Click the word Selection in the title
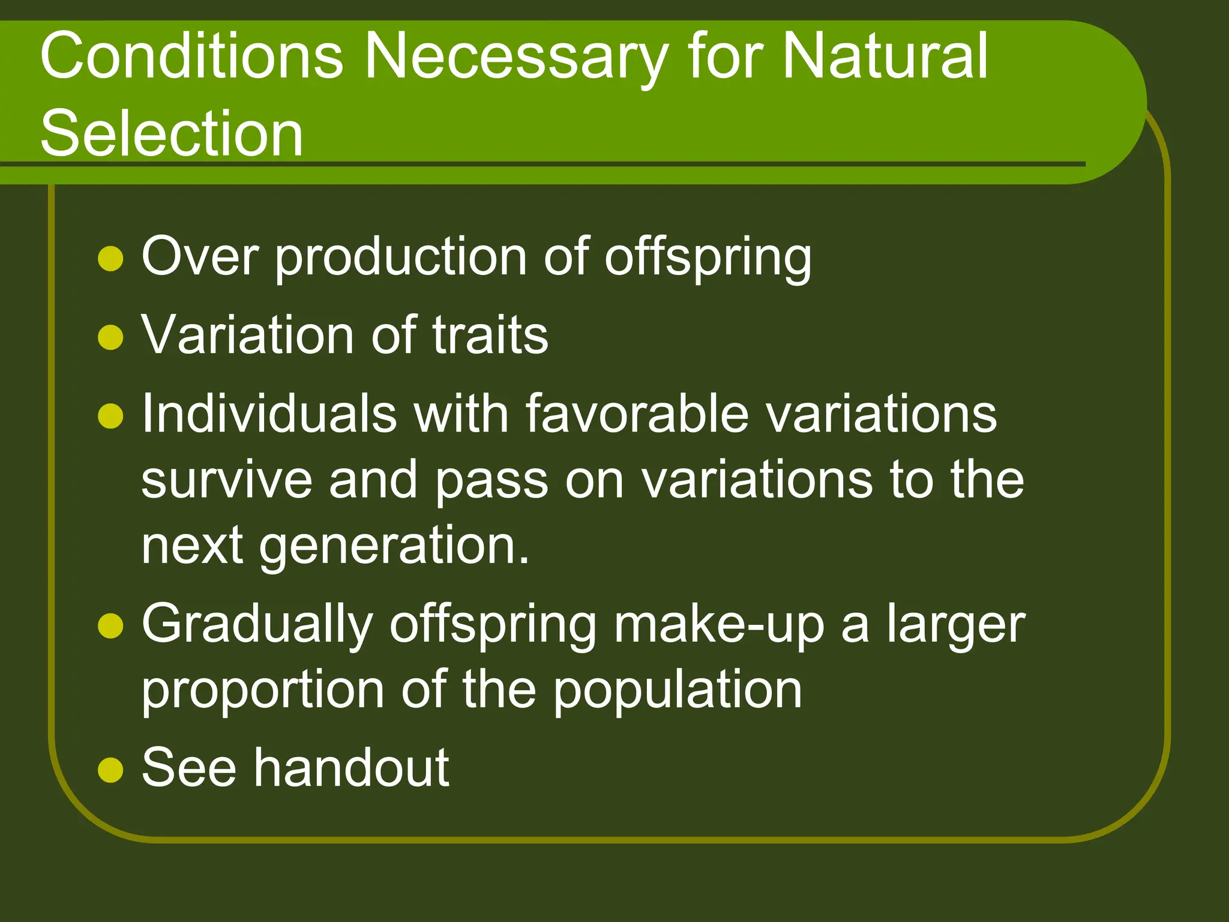pos(172,133)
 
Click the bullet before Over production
pos(110,259)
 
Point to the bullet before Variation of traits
pos(110,337)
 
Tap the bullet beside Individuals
pos(110,416)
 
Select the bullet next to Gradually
pos(110,625)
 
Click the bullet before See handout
pos(110,770)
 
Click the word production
pos(401,258)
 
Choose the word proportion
pos(262,691)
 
